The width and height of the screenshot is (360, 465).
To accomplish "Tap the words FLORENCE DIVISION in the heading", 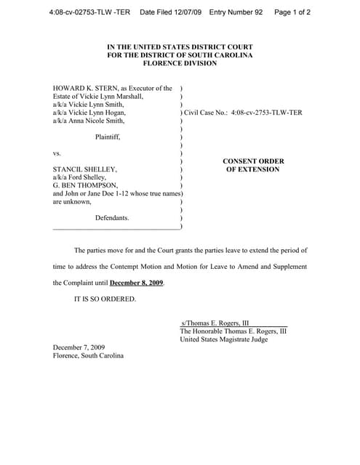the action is [180, 63].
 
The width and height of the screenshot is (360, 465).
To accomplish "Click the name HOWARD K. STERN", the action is [84, 89].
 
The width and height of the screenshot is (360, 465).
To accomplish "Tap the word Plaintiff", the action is [108, 137].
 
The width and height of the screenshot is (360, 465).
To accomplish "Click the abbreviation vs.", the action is [57, 153].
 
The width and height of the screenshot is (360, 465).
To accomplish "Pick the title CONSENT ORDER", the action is [253, 161].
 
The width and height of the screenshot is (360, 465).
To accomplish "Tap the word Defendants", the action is [112, 217].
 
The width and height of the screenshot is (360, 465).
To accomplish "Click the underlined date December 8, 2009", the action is [136, 283].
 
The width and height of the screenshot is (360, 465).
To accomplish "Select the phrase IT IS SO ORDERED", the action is [105, 299].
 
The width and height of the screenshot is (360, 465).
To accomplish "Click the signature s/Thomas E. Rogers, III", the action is [215, 323].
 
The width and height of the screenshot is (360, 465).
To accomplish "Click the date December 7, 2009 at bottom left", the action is [79, 347].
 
